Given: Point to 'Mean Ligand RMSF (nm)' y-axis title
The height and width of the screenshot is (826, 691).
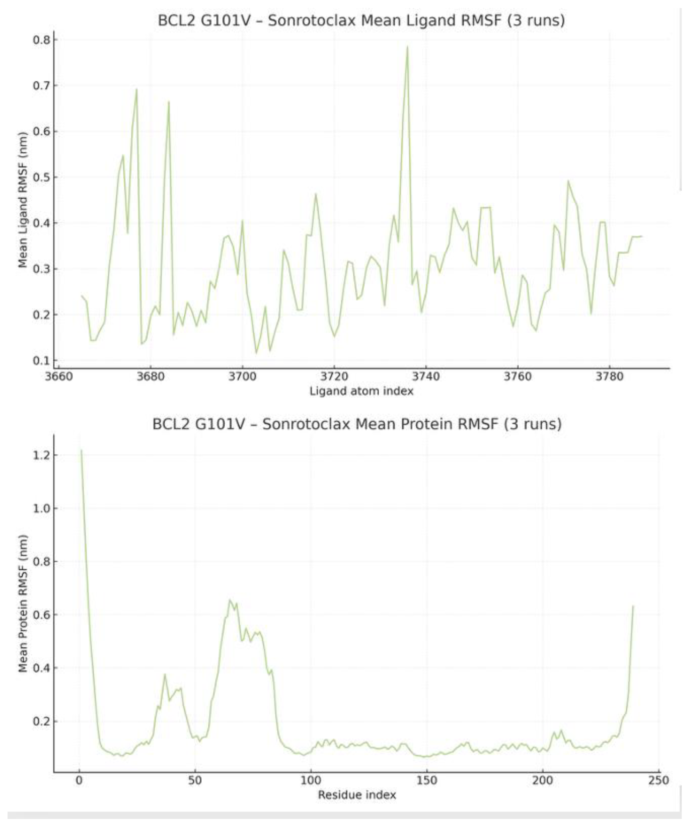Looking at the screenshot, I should coord(23,200).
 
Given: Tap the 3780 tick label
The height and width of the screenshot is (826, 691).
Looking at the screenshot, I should coord(609,376).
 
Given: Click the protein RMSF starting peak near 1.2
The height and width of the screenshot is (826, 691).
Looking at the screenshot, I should coord(81,450).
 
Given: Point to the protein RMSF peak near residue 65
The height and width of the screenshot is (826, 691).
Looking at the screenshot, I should coord(230,600).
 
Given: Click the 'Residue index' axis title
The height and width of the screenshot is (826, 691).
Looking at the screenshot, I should coord(357,795).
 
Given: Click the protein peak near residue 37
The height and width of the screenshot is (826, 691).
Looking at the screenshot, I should coord(165,674).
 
